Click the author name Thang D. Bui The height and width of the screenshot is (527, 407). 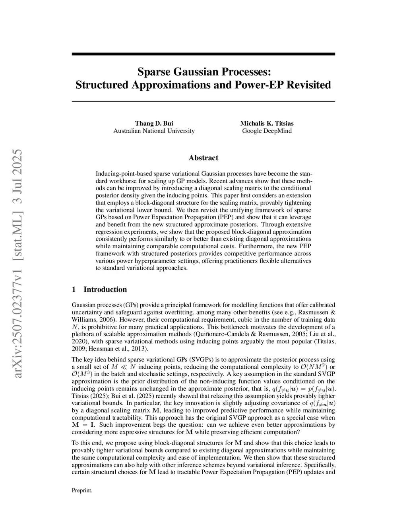tap(154, 123)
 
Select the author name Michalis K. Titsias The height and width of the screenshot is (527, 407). tap(267, 123)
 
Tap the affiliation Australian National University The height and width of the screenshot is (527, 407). tap(154, 131)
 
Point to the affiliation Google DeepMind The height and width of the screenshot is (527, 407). tap(267, 131)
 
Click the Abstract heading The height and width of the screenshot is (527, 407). tap(203, 158)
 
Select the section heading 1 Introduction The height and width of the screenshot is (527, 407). tap(99, 290)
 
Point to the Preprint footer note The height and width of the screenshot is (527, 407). tap(82, 490)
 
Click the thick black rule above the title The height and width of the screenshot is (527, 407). tap(203, 54)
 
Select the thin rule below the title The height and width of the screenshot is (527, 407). tap(203, 101)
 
